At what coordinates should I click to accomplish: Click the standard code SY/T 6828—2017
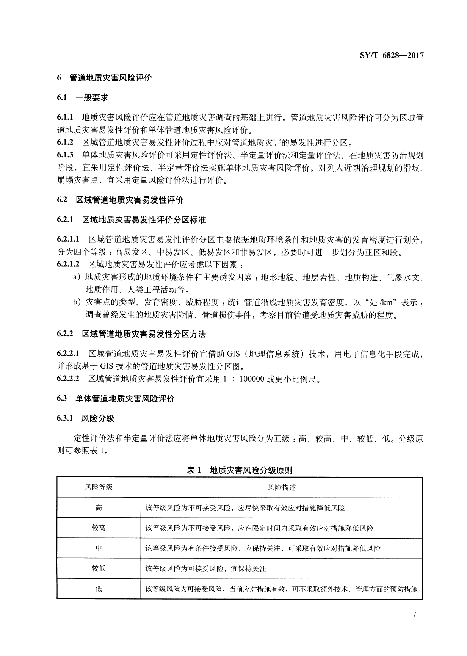point(391,56)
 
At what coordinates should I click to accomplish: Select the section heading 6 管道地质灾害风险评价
point(105,78)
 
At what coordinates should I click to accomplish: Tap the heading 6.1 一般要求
point(83,98)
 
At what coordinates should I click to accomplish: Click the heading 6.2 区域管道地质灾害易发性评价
point(120,200)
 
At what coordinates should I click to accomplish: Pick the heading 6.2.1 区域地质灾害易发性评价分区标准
point(132,220)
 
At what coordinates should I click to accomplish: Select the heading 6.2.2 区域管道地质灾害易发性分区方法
point(132,334)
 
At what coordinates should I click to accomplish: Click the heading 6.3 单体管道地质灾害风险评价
point(116,398)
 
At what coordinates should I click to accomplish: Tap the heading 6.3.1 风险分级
point(86,418)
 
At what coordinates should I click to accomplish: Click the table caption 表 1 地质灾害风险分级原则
point(240,470)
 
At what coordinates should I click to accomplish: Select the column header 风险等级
point(99,487)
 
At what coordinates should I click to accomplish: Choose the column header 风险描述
point(282,487)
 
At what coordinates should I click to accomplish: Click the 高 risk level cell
point(99,508)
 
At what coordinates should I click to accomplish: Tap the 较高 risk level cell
point(99,528)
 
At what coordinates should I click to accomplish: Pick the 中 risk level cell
point(99,548)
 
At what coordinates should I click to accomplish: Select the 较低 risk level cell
point(99,568)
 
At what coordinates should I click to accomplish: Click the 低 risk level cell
point(99,589)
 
